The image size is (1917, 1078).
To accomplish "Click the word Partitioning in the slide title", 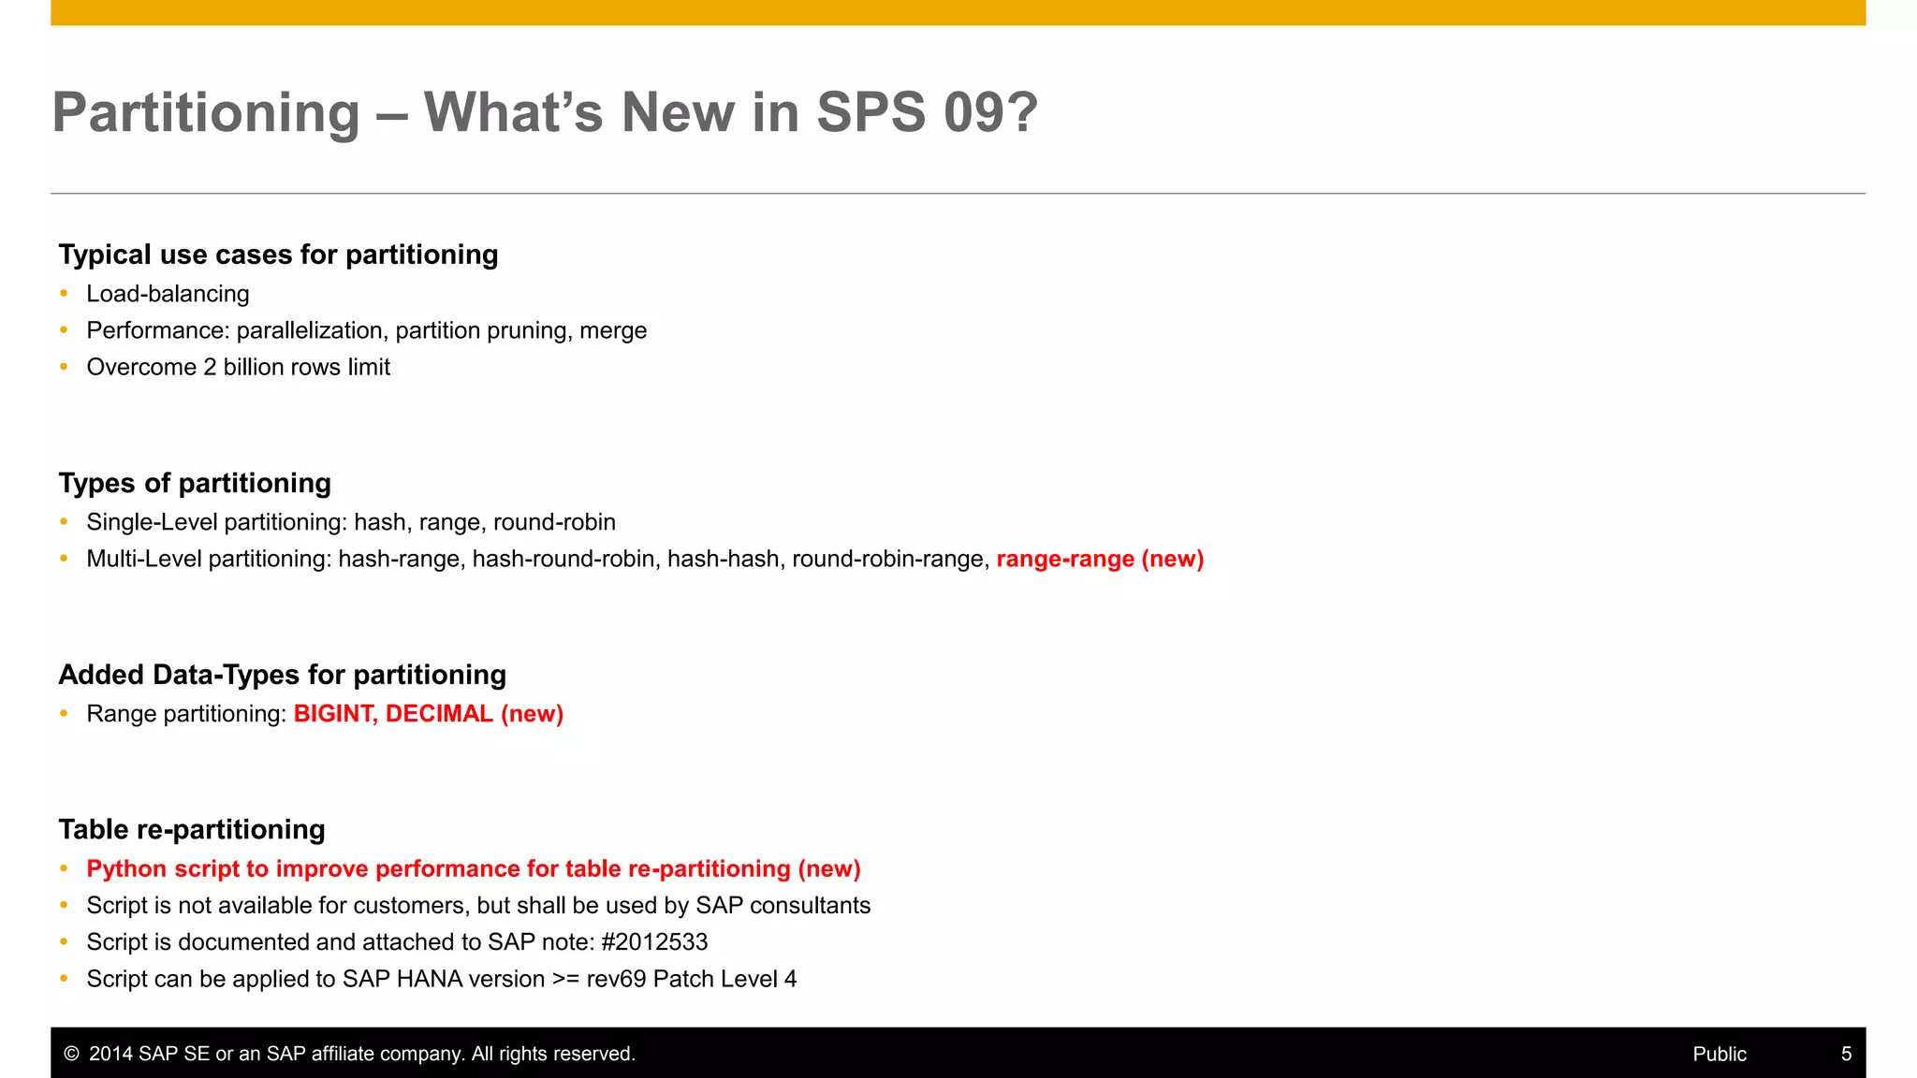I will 206,113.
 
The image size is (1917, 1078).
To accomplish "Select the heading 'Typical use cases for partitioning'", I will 278,255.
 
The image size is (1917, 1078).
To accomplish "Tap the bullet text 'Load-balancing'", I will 168,294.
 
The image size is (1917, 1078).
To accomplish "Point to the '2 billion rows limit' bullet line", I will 238,367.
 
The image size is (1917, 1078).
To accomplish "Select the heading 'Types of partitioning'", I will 195,483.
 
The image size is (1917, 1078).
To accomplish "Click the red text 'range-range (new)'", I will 1100,559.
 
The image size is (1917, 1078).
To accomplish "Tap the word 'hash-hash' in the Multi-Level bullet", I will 723,559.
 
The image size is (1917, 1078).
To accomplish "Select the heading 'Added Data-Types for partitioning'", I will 282,675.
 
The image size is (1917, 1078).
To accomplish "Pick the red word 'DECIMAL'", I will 439,714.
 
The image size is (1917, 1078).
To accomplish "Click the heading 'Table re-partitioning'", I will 192,829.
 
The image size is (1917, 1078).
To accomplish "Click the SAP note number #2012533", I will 654,941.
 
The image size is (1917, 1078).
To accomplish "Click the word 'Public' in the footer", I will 1719,1054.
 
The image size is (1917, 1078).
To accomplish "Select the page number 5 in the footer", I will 1846,1054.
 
